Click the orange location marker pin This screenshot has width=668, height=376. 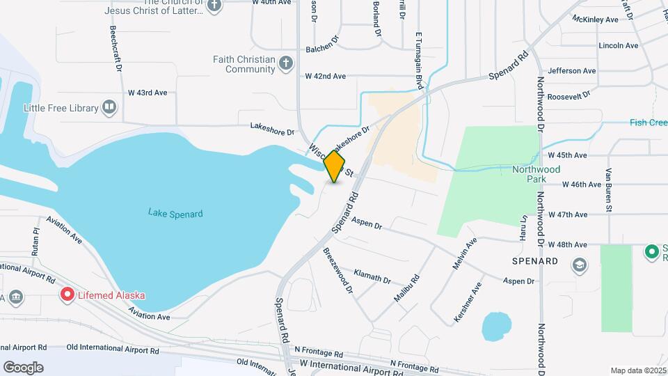[x=335, y=166]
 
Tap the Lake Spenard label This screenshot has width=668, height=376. [x=175, y=213]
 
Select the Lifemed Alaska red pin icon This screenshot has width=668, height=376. [x=67, y=295]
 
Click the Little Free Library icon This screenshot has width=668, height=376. [x=109, y=107]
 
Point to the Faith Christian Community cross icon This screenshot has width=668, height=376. [x=285, y=64]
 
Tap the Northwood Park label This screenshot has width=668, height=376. [x=536, y=174]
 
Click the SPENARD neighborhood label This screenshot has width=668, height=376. [x=535, y=261]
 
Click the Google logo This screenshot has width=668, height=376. [x=23, y=367]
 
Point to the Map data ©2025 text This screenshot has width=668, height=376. [x=637, y=370]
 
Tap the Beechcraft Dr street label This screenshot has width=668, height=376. [x=116, y=49]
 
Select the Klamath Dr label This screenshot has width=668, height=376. [x=372, y=276]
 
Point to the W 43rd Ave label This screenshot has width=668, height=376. [x=148, y=93]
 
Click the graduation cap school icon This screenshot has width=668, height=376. [x=579, y=265]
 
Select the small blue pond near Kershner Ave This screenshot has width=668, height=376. [x=496, y=326]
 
